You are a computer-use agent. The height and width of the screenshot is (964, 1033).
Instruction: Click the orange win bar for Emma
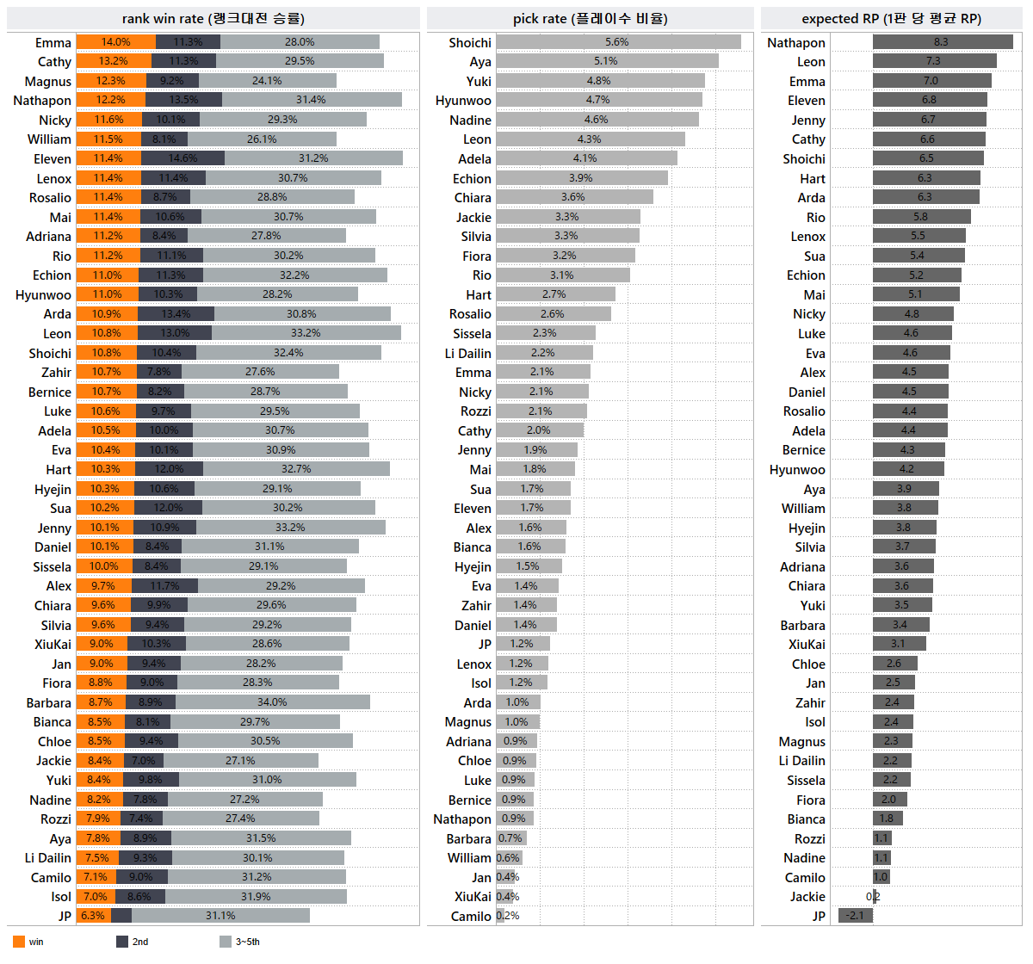click(x=116, y=42)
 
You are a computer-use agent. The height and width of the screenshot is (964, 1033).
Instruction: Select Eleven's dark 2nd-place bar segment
click(x=182, y=158)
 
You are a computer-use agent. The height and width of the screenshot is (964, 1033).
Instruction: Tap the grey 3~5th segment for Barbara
click(x=272, y=702)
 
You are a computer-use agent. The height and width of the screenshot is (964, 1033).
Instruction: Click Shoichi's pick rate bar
click(x=618, y=42)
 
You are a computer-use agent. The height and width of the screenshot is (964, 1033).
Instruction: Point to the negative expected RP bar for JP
click(x=855, y=916)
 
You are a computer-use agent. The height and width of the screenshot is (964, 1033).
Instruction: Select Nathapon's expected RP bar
click(x=942, y=42)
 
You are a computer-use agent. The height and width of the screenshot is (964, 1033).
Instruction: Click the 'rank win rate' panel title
click(x=213, y=18)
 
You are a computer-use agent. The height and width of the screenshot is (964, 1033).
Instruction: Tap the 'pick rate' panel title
click(x=590, y=18)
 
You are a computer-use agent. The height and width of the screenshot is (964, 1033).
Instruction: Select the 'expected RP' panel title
click(x=891, y=18)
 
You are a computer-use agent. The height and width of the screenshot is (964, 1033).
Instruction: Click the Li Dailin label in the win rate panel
click(x=48, y=858)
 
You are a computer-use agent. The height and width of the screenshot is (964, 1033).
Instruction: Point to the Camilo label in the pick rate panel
click(x=471, y=917)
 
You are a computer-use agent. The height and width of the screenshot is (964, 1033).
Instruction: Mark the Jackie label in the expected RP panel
click(x=807, y=897)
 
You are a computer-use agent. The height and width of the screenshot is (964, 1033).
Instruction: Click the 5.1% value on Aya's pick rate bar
click(x=606, y=61)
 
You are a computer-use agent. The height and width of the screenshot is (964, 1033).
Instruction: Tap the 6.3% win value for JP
click(x=92, y=916)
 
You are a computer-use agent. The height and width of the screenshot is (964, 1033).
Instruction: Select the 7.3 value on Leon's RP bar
click(x=933, y=61)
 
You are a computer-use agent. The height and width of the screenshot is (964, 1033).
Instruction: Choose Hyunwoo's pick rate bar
click(x=598, y=101)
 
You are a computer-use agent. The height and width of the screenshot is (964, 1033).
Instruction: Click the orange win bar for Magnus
click(x=111, y=81)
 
